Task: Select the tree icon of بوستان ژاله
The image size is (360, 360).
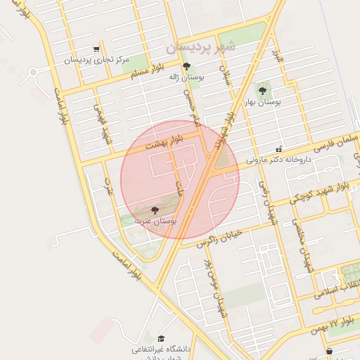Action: click(186, 67)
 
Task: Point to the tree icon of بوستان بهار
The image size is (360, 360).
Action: click(262, 90)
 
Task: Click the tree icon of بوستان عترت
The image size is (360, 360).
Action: click(155, 210)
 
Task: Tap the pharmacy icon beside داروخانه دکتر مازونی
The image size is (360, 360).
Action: click(279, 149)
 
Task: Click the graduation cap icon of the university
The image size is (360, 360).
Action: click(162, 338)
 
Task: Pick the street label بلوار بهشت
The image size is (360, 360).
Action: click(165, 143)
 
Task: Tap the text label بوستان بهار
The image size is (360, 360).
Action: click(262, 103)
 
